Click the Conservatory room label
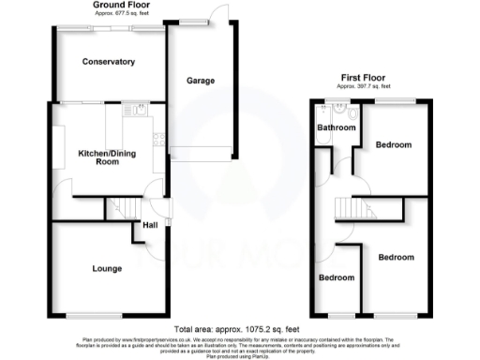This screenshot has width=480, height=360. (108, 62)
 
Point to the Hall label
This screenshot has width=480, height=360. (150, 225)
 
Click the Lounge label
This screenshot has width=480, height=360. (106, 270)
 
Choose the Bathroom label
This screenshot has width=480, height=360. (336, 127)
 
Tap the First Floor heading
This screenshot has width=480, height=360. (365, 78)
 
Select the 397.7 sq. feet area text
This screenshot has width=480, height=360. (365, 87)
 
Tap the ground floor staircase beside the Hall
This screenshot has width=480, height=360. (121, 208)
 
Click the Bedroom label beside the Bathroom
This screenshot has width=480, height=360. (394, 145)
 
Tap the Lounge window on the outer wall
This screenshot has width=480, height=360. (94, 314)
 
